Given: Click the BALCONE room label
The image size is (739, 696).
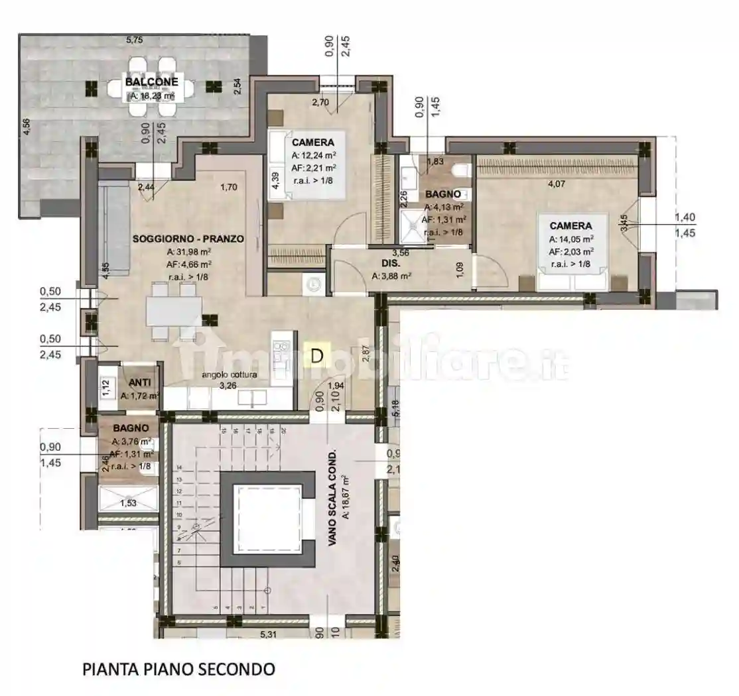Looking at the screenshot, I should point(151,82).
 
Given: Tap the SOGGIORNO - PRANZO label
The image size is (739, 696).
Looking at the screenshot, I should point(188,239).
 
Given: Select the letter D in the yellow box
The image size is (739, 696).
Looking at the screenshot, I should point(317,356).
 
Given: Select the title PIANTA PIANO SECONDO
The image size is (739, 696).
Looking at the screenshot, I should point(178,669).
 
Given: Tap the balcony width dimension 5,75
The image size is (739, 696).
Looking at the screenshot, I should point(135,40).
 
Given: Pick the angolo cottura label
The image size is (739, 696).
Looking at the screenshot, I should point(230,375).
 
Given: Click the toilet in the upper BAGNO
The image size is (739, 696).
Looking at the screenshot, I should point(460,172).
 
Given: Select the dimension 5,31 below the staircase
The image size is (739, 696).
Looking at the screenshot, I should point(269,634).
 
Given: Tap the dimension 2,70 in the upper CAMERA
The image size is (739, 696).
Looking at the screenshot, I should point(320,102).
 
